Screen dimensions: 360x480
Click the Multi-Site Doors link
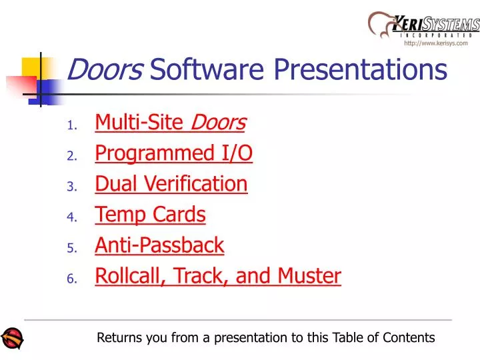pyautogui.click(x=170, y=123)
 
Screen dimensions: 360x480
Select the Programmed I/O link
pyautogui.click(x=173, y=153)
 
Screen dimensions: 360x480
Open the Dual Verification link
pyautogui.click(x=171, y=184)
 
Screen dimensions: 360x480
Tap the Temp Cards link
pyautogui.click(x=150, y=215)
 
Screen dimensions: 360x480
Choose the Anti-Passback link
pyautogui.click(x=159, y=245)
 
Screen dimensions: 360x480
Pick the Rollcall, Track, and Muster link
pyautogui.click(x=217, y=276)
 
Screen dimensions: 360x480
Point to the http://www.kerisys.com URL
pyautogui.click(x=435, y=43)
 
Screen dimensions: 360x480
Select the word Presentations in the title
pyautogui.click(x=361, y=69)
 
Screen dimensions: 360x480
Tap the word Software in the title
pyautogui.click(x=209, y=69)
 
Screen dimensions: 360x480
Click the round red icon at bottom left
pyautogui.click(x=12, y=338)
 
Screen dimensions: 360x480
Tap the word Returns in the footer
pyautogui.click(x=120, y=338)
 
